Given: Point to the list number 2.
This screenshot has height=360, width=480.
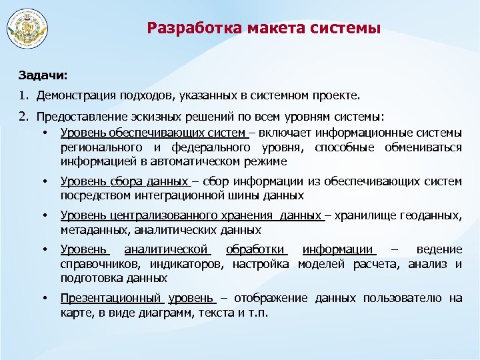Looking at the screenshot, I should point(23,117).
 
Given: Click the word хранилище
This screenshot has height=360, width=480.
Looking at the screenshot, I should point(364,215).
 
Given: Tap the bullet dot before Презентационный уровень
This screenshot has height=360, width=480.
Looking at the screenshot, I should point(45,298).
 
